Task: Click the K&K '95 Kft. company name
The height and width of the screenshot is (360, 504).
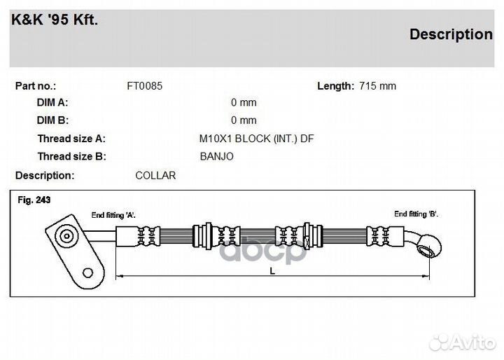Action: (x=55, y=20)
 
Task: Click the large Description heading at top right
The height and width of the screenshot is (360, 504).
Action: (x=451, y=34)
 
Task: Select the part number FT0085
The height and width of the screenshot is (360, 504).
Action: (x=145, y=86)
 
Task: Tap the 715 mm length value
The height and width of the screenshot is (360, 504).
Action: (x=378, y=86)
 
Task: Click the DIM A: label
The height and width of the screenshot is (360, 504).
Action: (x=52, y=103)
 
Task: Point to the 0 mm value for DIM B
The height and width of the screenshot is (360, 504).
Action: (x=244, y=120)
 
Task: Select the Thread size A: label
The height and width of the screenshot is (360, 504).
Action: (x=71, y=139)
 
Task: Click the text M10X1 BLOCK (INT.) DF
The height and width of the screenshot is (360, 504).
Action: (x=256, y=139)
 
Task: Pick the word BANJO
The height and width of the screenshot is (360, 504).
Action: (x=216, y=157)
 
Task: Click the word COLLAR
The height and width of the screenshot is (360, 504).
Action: (x=155, y=176)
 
